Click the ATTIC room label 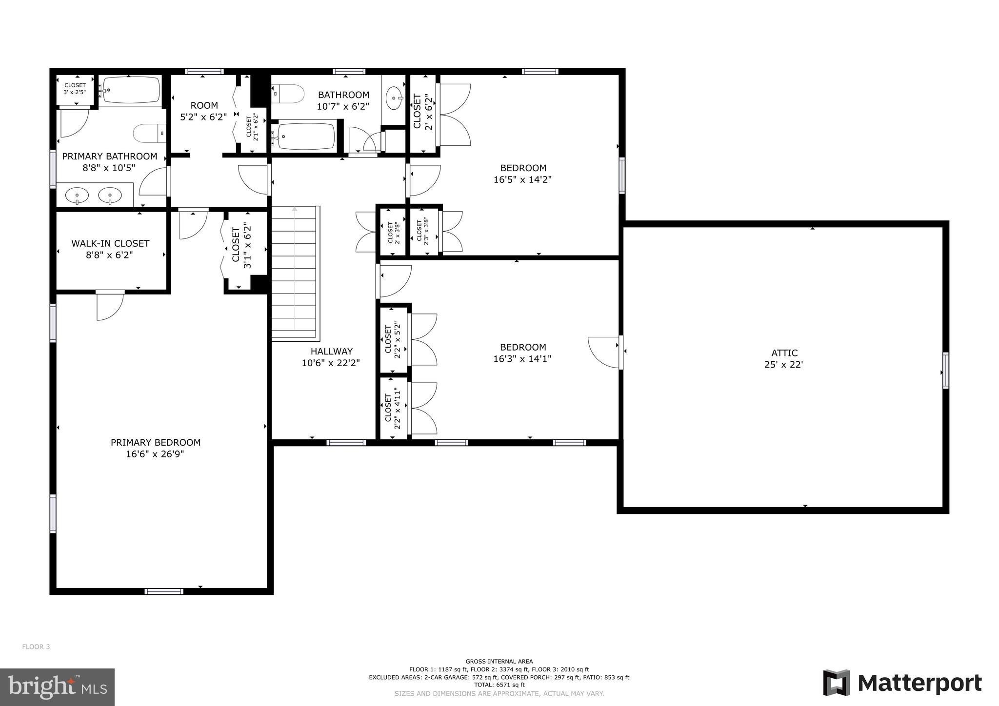784,353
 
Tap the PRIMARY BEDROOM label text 156,443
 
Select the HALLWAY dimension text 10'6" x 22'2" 331,363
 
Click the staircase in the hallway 295,273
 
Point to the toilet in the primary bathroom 149,133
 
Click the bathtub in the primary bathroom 131,90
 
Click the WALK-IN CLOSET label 110,243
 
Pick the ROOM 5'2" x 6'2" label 204,111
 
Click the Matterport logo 902,683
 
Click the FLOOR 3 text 36,647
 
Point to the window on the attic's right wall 945,371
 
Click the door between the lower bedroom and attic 620,352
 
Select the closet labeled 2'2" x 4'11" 393,409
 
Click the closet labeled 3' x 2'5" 75,89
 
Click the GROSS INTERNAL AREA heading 499,662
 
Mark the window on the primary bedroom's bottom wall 164,591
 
